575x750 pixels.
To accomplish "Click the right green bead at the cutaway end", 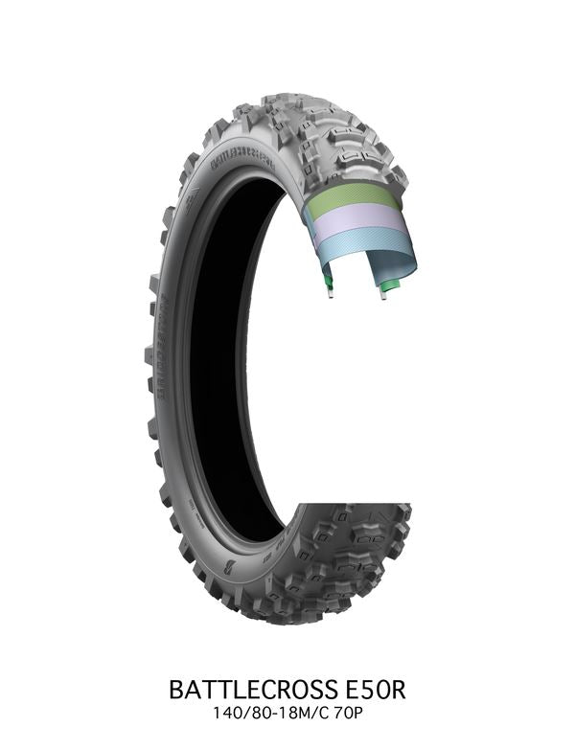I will click(x=390, y=284).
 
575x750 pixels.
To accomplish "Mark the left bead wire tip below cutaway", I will click(x=331, y=294).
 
